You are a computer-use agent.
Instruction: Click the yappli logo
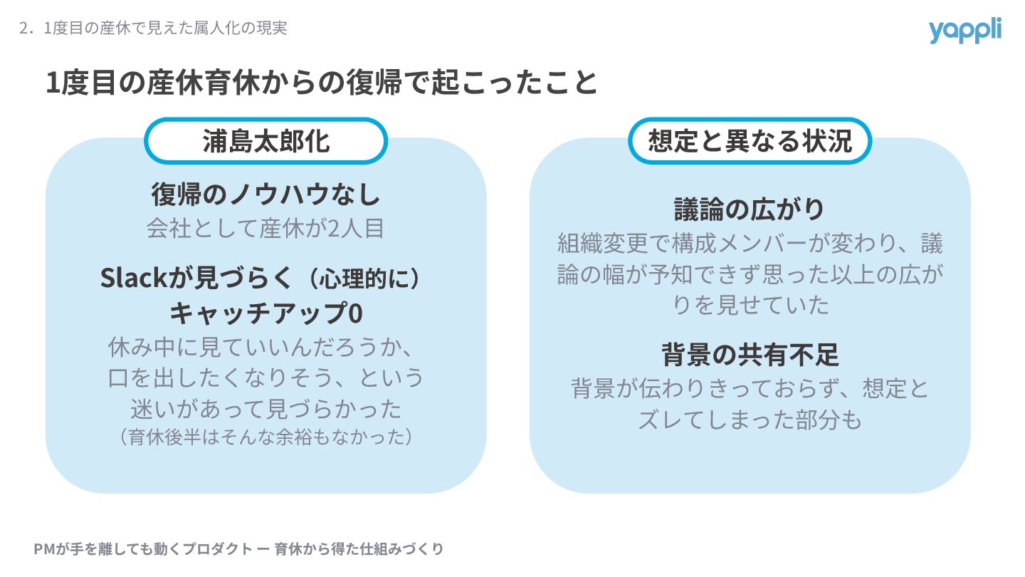point(964,31)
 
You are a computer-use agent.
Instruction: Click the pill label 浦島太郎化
point(266,141)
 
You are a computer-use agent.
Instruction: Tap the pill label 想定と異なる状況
point(750,141)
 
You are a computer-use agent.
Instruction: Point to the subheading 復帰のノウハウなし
point(266,194)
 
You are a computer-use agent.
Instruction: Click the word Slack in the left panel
point(133,278)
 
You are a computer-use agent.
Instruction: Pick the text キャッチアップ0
point(266,312)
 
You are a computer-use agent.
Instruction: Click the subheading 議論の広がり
point(750,209)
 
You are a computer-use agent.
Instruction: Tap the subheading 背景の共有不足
point(750,354)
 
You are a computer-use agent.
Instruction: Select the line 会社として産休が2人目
point(266,228)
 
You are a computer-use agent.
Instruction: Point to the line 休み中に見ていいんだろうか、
point(261,348)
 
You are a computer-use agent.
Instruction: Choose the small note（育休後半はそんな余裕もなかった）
point(266,436)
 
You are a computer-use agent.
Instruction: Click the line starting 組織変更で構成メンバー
point(750,244)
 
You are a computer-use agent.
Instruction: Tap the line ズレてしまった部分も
point(750,420)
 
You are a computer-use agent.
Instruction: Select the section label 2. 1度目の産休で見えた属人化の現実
point(154,28)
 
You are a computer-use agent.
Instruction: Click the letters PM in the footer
point(42,549)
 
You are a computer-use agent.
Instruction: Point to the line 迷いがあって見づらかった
point(266,408)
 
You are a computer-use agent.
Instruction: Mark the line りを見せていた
point(750,305)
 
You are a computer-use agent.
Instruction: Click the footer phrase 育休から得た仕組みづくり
point(359,549)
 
